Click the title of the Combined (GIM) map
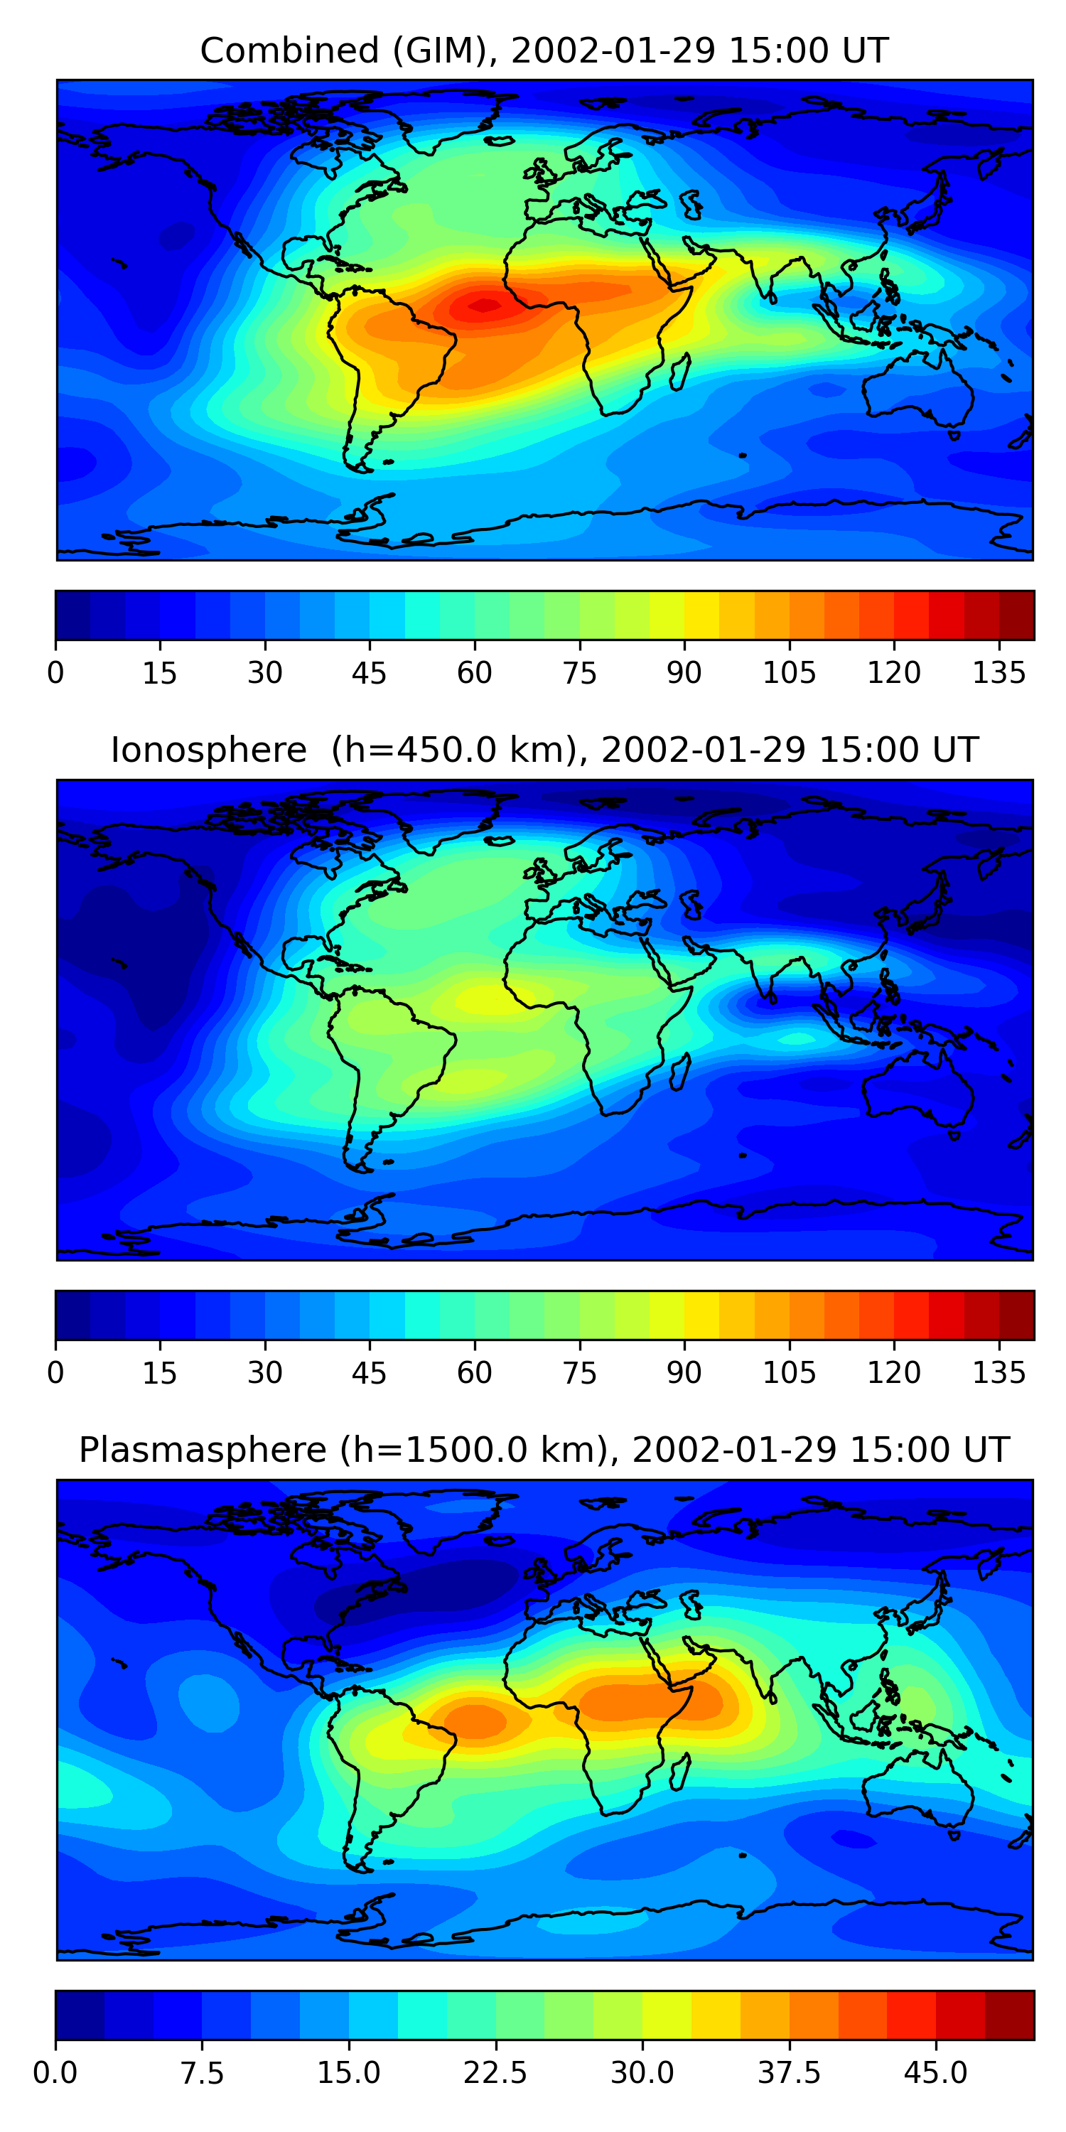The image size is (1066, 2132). pos(544,51)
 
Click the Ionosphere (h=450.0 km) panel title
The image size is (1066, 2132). pos(544,750)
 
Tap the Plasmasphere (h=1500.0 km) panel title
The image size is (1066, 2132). pos(544,1450)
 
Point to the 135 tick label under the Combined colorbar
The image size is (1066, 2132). pos(999,674)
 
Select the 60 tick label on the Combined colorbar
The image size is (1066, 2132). pos(474,674)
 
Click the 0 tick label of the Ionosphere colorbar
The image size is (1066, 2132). pos(55,1373)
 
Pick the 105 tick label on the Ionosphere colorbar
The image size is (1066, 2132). pos(789,1373)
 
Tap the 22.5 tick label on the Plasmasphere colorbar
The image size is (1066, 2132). pos(495,2073)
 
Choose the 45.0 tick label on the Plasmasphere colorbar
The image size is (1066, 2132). pos(935,2073)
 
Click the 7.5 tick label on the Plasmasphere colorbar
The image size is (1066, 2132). pos(202,2073)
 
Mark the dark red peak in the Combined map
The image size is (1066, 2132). pos(484,306)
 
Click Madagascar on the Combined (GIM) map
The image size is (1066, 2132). pos(679,372)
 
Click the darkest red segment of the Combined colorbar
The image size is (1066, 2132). pos(1016,615)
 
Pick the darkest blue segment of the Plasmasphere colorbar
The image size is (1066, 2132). pos(80,2015)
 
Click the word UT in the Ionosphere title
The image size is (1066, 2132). pos(956,750)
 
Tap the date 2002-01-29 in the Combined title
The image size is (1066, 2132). pos(613,51)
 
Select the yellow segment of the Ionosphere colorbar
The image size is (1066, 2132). pos(702,1314)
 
